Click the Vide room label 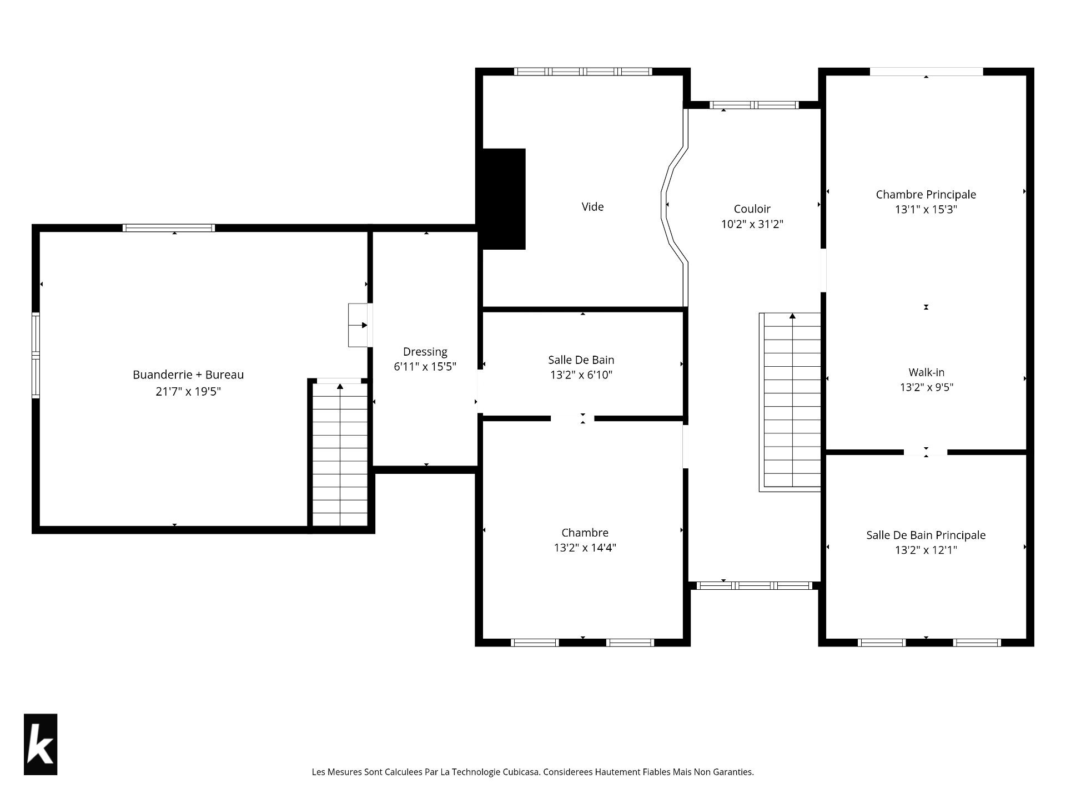[592, 206]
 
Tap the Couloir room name [752, 209]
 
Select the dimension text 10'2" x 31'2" [752, 224]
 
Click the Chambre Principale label [926, 194]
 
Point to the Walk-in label [927, 372]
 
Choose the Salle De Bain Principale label [926, 535]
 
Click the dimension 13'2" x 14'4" [585, 548]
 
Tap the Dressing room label [425, 352]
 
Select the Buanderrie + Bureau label [188, 375]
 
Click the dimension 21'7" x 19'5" [188, 391]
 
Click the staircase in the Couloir [790, 402]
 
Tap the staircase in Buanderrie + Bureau [340, 454]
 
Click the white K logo [41, 744]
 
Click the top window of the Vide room [582, 72]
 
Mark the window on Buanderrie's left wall [36, 355]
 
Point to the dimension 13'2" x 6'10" [581, 375]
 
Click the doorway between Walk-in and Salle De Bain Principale [926, 452]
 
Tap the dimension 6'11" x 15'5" [425, 367]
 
